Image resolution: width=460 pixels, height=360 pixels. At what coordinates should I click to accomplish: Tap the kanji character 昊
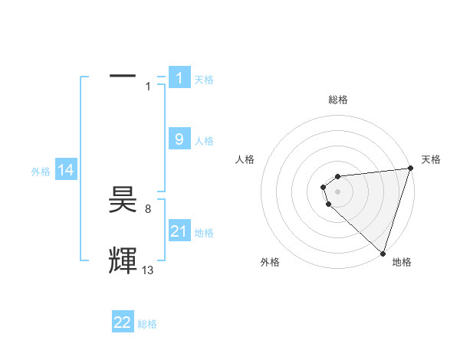click(123, 201)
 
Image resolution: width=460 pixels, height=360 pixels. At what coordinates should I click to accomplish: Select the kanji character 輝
click(123, 260)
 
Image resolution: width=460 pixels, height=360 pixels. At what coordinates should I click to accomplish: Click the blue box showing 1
click(179, 77)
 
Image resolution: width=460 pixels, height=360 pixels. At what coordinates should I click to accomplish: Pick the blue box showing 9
click(179, 139)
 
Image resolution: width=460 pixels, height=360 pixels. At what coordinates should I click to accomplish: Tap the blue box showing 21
click(179, 231)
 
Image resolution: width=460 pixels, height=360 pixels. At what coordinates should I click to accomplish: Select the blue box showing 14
click(67, 170)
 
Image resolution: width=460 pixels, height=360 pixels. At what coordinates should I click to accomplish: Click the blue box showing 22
click(123, 322)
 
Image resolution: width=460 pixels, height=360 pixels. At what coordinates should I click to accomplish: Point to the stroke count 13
click(148, 270)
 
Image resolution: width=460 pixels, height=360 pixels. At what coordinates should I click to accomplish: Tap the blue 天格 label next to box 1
click(204, 80)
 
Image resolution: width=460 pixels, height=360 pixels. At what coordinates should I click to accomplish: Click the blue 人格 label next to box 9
click(204, 141)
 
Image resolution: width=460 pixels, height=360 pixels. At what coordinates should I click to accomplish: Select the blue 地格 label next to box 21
click(204, 233)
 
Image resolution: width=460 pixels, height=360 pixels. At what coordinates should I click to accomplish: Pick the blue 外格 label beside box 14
click(41, 172)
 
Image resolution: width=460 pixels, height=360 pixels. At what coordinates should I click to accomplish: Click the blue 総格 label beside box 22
click(147, 325)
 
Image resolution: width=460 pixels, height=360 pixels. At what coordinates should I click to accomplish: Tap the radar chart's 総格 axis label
click(337, 100)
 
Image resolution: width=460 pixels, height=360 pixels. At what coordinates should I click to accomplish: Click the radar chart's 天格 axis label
click(431, 159)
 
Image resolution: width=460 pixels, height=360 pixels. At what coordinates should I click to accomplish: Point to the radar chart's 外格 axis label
click(270, 262)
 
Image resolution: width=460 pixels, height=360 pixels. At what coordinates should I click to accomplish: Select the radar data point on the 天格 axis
click(409, 169)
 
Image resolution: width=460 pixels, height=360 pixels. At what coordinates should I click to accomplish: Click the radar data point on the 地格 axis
click(383, 253)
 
